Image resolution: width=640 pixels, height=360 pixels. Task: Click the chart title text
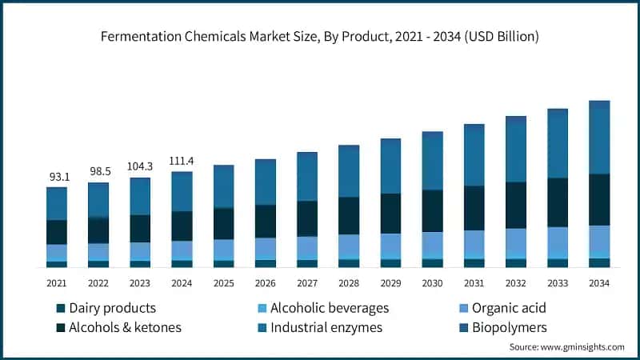click(x=320, y=37)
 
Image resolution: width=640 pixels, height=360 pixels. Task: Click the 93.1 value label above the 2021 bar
click(x=57, y=176)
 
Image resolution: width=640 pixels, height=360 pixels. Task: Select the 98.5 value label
click(x=98, y=171)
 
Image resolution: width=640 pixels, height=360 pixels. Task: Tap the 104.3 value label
click(x=140, y=166)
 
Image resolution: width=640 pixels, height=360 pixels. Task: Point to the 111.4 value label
click(x=182, y=161)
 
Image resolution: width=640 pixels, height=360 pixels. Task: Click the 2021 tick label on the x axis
click(x=57, y=283)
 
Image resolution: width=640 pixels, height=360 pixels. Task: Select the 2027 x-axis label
click(x=306, y=283)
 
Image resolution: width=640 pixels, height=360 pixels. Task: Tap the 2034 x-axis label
click(x=599, y=283)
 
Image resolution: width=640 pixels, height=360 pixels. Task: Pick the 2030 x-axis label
click(x=432, y=283)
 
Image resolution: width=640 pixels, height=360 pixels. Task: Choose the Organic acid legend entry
click(x=509, y=308)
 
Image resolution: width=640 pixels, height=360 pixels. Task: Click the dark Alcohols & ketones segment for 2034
click(x=599, y=199)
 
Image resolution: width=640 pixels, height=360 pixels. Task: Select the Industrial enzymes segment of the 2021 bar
click(x=57, y=204)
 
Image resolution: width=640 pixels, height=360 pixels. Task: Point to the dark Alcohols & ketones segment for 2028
click(x=349, y=215)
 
